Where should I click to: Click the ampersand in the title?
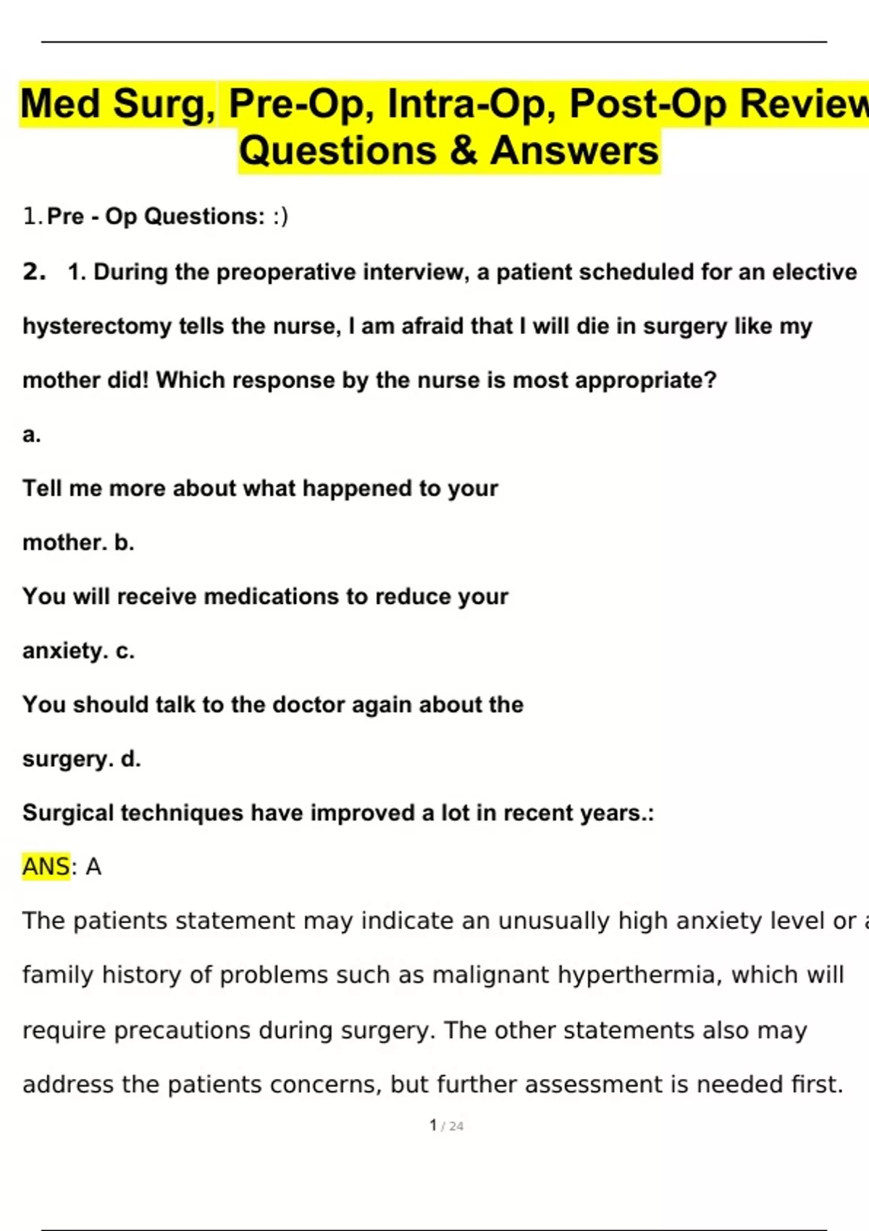[x=463, y=151]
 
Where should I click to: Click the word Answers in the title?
[x=574, y=151]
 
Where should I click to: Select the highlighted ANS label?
[x=46, y=867]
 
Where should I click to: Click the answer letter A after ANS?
[x=93, y=867]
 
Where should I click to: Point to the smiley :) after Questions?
[x=280, y=217]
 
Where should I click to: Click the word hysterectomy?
[x=98, y=327]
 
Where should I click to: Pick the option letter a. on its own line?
[x=32, y=434]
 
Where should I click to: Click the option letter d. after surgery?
[x=131, y=759]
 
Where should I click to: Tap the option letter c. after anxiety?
[x=125, y=651]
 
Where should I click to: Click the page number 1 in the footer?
[x=433, y=1125]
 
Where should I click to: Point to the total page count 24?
[x=456, y=1126]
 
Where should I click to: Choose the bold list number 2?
[x=34, y=272]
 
